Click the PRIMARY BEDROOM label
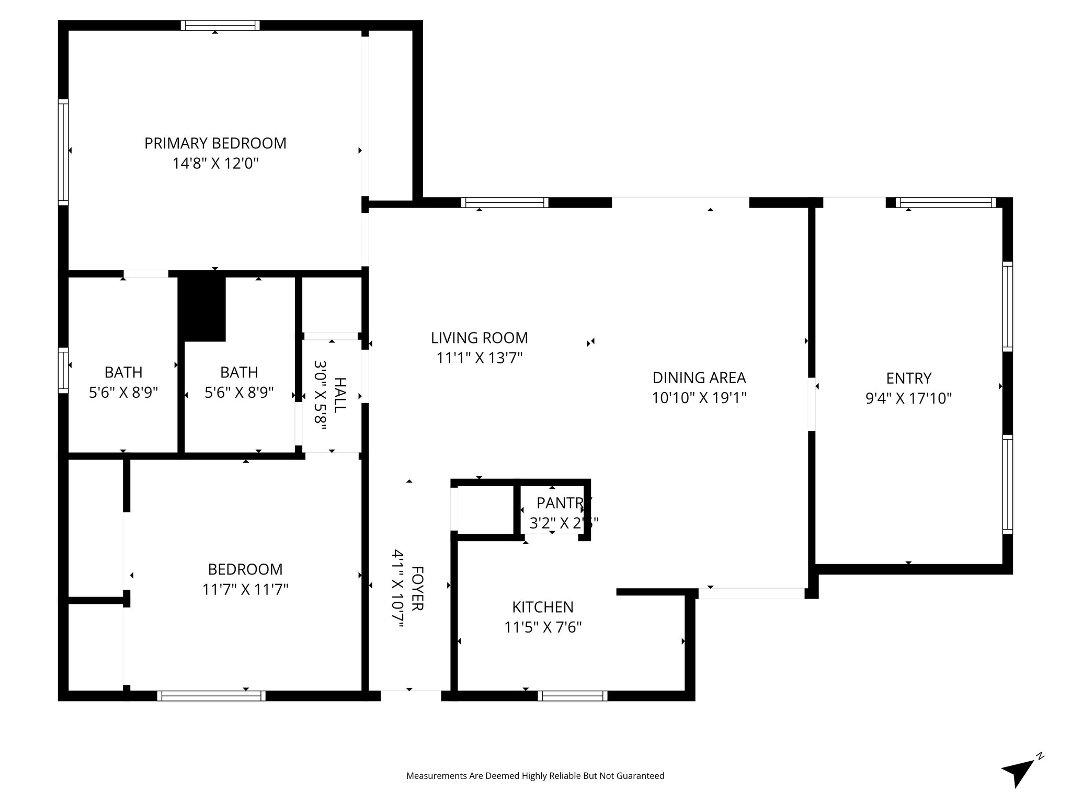[x=215, y=143]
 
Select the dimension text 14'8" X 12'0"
[x=215, y=164]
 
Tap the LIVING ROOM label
[x=479, y=338]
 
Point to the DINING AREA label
[x=699, y=377]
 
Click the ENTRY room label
[x=908, y=378]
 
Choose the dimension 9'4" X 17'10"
[x=908, y=398]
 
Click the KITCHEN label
[x=542, y=607]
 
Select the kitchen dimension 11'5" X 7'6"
[x=542, y=627]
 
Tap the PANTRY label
[x=563, y=503]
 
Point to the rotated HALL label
[x=339, y=395]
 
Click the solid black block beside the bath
[x=202, y=308]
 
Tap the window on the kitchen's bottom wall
[x=572, y=696]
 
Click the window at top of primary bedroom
[x=220, y=26]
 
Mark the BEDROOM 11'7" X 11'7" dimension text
[x=245, y=590]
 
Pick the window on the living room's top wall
[x=505, y=203]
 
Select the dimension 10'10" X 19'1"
[x=699, y=398]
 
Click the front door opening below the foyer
[x=411, y=695]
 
